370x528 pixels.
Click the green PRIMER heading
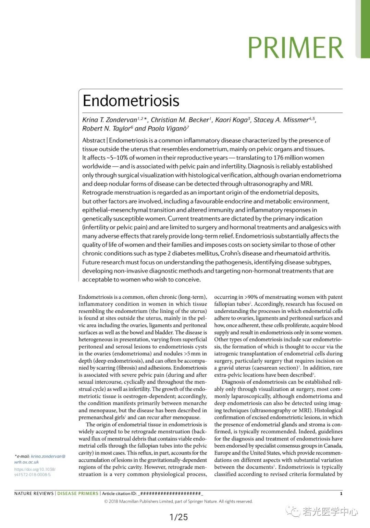tap(295, 47)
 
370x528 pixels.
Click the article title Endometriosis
tap(131, 101)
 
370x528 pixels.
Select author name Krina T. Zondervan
tap(110, 120)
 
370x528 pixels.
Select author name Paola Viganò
tap(167, 128)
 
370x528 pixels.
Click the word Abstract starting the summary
tap(94, 140)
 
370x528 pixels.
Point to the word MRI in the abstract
tap(306, 184)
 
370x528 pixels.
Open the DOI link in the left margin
tap(35, 472)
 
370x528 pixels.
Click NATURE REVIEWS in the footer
tap(34, 493)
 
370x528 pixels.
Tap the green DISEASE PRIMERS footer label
tap(78, 493)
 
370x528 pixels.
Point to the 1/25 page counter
tap(179, 517)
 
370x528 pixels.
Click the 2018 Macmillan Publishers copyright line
tap(178, 501)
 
